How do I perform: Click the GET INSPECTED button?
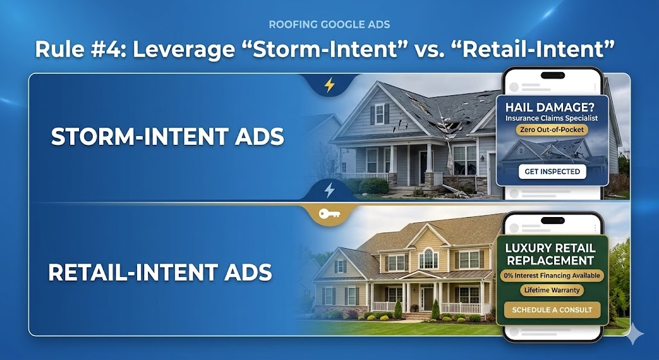coord(552,171)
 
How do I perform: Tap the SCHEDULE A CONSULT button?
coord(552,310)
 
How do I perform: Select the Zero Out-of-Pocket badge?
coord(552,129)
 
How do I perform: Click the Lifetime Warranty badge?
coord(551,290)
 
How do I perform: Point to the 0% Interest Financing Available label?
coord(552,276)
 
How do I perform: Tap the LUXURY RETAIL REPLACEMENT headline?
coord(552,254)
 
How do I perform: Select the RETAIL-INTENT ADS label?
coord(160,271)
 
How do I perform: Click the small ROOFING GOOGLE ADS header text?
coord(329,25)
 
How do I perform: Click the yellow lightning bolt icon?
coord(329,84)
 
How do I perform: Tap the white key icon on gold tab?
coord(329,214)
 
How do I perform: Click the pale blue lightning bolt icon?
coord(329,190)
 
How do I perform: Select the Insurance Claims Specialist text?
coord(552,118)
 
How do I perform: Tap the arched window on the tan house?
coord(428,259)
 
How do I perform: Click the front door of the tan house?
coord(427,298)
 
